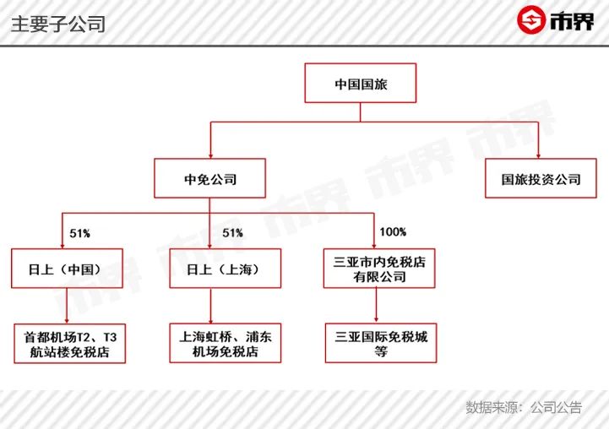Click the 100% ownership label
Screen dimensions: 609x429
click(393, 232)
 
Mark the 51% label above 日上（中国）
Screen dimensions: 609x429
click(80, 233)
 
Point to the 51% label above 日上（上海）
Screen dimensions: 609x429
click(232, 233)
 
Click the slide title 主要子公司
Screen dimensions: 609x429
click(58, 24)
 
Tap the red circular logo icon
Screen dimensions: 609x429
click(531, 19)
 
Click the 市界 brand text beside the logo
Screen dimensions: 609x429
click(572, 21)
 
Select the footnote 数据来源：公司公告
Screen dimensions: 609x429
click(524, 407)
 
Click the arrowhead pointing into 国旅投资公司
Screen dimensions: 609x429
click(538, 156)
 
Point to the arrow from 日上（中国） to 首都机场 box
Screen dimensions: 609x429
click(67, 306)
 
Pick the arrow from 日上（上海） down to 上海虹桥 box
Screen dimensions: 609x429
click(211, 306)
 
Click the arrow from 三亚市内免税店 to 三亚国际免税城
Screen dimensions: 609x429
click(376, 305)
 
